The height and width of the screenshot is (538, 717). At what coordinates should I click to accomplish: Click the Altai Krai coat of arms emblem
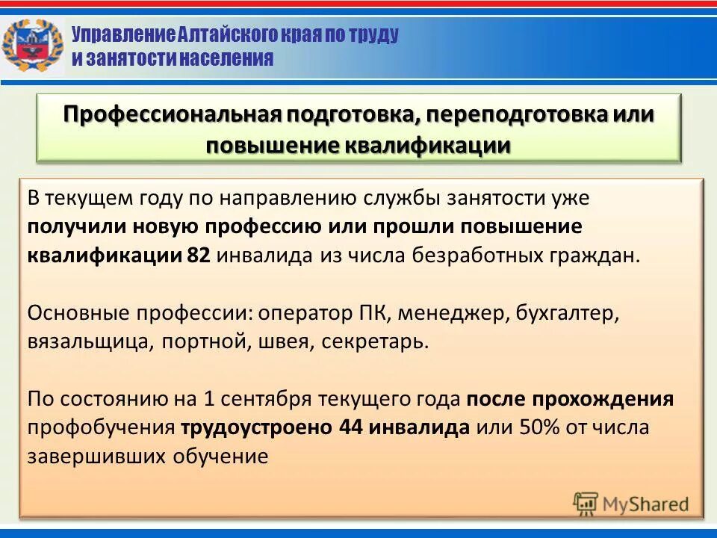pyautogui.click(x=32, y=46)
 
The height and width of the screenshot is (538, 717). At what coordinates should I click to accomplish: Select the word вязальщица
pyautogui.click(x=83, y=341)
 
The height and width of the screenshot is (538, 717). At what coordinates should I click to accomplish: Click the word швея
pyautogui.click(x=281, y=341)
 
